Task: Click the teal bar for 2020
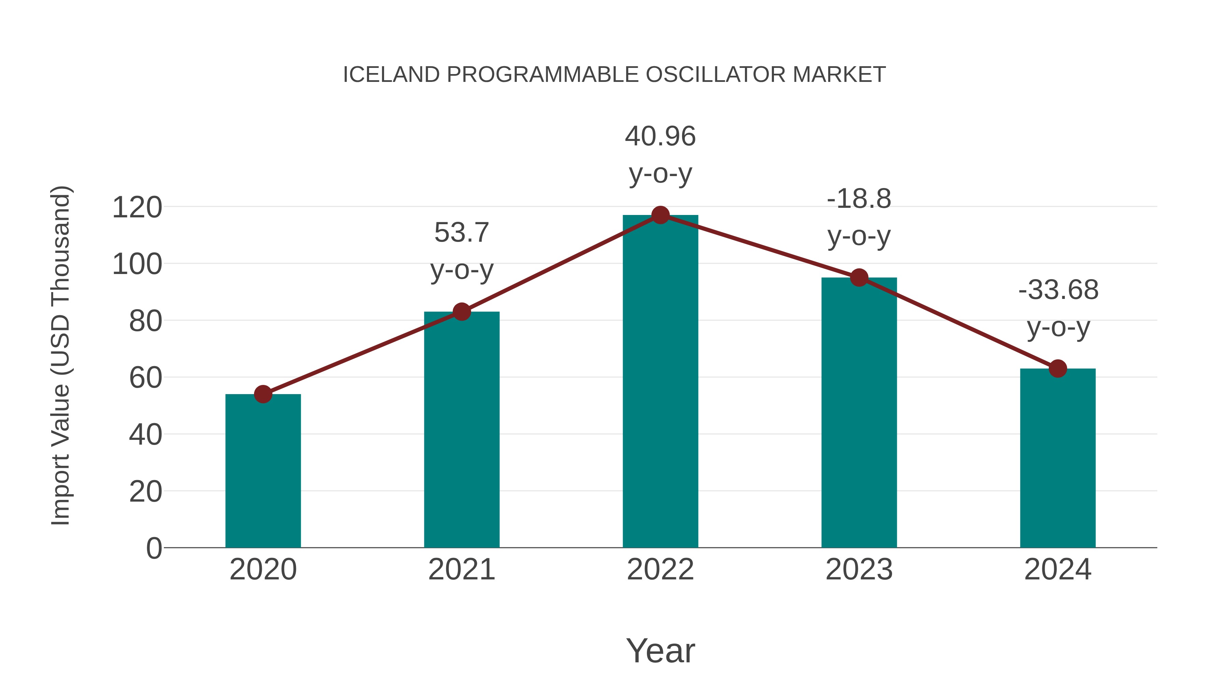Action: (x=263, y=472)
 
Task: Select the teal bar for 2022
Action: (x=660, y=382)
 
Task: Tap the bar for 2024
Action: (x=1058, y=458)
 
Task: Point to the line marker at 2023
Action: (x=859, y=277)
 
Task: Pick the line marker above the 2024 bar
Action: (x=1058, y=368)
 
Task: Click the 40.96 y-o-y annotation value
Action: (x=660, y=136)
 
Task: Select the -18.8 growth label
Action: (x=859, y=199)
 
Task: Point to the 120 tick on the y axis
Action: (x=137, y=208)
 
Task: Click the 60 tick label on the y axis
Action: (x=145, y=378)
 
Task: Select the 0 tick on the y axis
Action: (x=154, y=548)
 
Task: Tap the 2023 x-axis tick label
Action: (x=859, y=570)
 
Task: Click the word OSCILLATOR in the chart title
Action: (x=715, y=75)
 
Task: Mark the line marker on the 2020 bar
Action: (x=263, y=394)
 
